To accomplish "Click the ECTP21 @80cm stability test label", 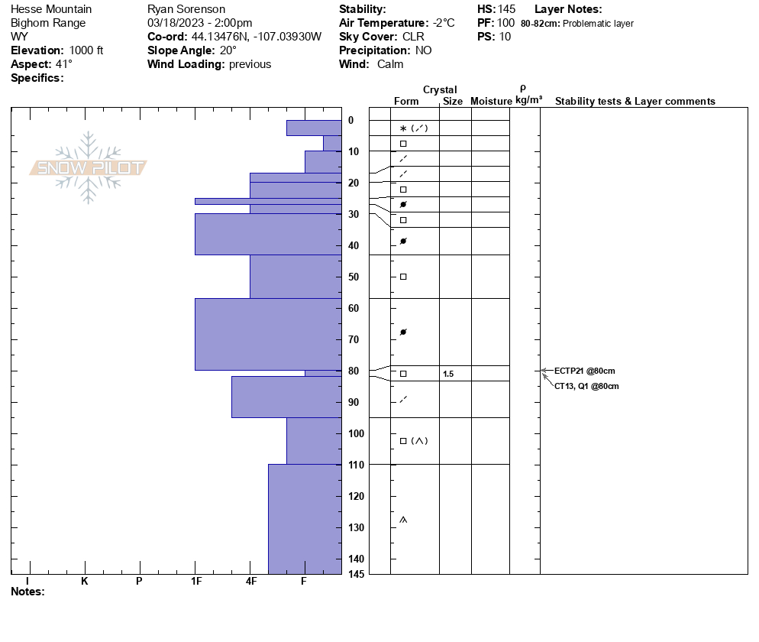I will click(x=584, y=371).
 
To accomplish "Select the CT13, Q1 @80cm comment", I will click(x=586, y=386).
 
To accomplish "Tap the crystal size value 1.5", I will click(x=447, y=374).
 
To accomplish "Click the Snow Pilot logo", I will click(x=88, y=167).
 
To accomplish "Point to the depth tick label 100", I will click(x=356, y=433).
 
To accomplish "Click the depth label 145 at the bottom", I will click(x=356, y=573).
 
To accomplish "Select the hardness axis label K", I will click(x=85, y=581).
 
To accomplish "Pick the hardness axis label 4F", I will click(x=250, y=581).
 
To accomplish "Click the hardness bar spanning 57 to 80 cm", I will click(x=268, y=334).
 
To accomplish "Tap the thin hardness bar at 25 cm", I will click(x=268, y=201).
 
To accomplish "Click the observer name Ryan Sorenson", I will click(x=186, y=9).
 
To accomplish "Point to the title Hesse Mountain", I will click(x=51, y=9).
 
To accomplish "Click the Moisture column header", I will click(x=491, y=101).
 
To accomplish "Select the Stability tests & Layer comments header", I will click(x=635, y=101).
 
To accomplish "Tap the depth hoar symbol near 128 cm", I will click(x=403, y=520).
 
